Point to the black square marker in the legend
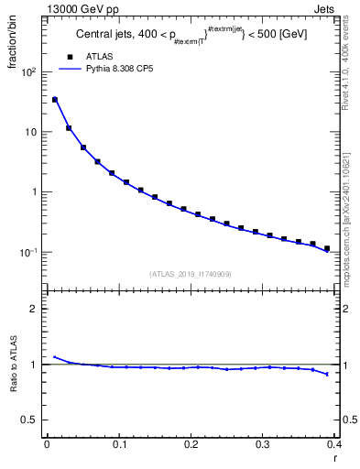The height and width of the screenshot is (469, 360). pyautogui.click(x=71, y=56)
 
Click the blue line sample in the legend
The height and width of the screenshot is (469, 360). pyautogui.click(x=71, y=68)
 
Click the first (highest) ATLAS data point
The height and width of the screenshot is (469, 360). pyautogui.click(x=54, y=99)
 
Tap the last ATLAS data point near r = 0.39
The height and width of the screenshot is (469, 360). pyautogui.click(x=327, y=248)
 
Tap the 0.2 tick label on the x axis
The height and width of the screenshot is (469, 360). pyautogui.click(x=191, y=444)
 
